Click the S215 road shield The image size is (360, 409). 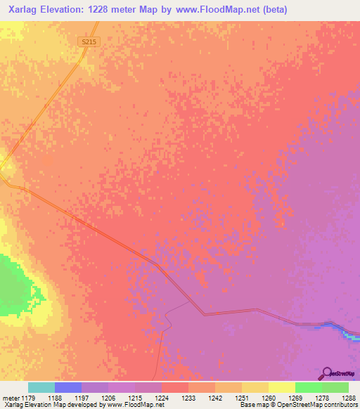point(88,42)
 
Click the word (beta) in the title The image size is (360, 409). point(272,10)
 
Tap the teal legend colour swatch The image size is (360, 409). point(41,387)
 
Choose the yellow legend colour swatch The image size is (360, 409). point(281,387)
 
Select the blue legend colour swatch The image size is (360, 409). point(67,387)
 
